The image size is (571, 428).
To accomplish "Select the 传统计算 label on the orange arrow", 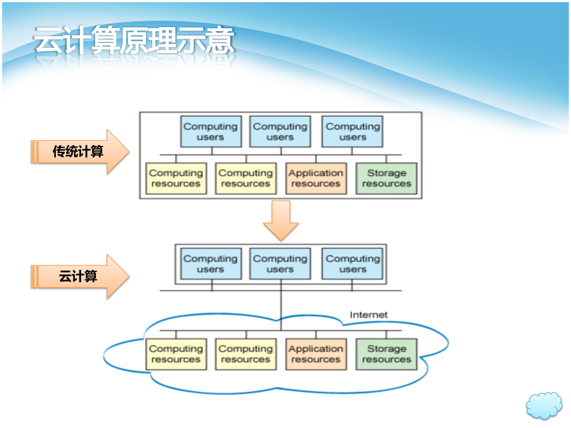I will [78, 151].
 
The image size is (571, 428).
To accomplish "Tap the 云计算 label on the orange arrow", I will [78, 276].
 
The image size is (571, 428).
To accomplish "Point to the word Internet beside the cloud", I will [368, 315].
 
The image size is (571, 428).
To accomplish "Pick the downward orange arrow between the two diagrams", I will [281, 220].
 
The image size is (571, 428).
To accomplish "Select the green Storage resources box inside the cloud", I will [386, 354].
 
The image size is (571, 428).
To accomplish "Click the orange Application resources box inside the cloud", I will [316, 354].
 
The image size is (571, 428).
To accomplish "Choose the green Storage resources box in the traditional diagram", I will [386, 178].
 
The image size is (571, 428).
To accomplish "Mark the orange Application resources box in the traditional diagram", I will [316, 178].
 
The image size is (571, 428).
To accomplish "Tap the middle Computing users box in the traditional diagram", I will [280, 132].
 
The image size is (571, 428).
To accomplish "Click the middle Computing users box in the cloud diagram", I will [280, 264].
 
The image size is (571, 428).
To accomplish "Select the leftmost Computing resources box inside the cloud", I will [176, 354].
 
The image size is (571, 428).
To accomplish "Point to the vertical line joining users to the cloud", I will [281, 309].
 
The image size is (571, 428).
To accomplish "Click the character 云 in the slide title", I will [48, 40].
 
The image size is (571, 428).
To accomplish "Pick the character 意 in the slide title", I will [220, 40].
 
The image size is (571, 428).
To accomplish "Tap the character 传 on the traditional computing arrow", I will [59, 151].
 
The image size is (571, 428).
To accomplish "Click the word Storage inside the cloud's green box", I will [387, 349].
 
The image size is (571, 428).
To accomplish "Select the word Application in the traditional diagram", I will [316, 173].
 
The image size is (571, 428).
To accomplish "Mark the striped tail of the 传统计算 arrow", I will [34, 152].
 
